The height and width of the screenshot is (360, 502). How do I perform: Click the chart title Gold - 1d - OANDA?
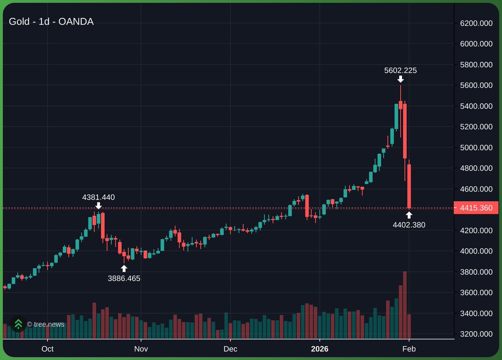point(51,22)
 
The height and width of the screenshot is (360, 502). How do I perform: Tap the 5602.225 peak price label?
point(400,71)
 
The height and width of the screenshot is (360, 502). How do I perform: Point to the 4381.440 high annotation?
point(98,197)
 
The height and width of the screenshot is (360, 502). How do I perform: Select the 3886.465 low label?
point(124,278)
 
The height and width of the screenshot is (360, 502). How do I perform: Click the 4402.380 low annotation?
point(409,225)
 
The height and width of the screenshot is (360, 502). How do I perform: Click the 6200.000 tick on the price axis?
point(476,23)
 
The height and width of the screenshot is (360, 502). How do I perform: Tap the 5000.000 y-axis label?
point(476,148)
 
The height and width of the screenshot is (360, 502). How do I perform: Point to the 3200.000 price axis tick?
point(476,334)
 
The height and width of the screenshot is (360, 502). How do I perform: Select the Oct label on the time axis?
point(48,349)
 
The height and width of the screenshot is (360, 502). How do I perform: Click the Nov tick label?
point(141,349)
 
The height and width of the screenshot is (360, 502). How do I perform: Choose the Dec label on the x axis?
point(230,349)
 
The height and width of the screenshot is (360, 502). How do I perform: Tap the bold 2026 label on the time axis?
point(319,349)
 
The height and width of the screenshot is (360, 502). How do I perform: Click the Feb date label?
point(409,349)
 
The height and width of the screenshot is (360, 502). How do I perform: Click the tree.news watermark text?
point(46,324)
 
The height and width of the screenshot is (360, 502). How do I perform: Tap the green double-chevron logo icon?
point(18,324)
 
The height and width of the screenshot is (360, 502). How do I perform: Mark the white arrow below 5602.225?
point(400,79)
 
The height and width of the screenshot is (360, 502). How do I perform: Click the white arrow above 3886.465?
point(124,268)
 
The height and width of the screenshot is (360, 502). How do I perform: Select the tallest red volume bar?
point(405,305)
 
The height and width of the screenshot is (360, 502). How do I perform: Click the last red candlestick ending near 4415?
point(409,186)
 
